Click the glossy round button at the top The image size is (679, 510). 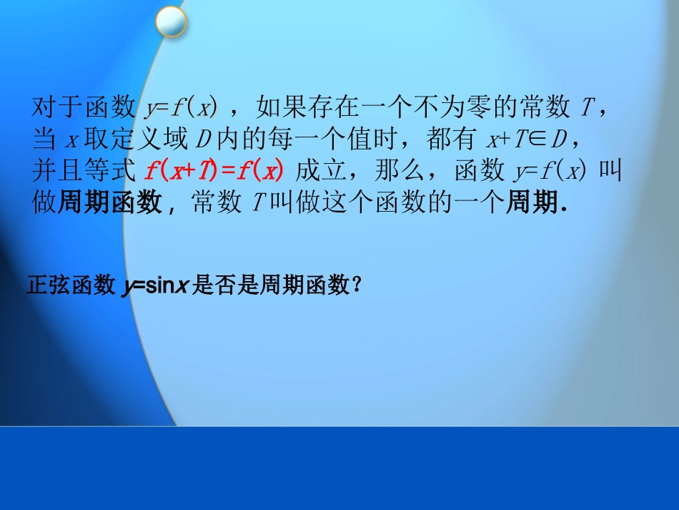[x=172, y=21]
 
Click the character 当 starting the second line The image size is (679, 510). [x=45, y=139]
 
